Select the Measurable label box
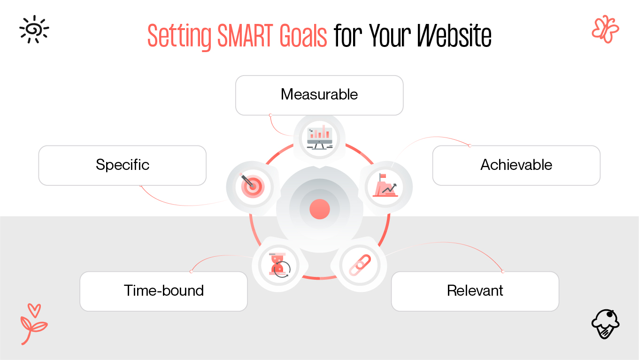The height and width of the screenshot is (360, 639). click(x=319, y=95)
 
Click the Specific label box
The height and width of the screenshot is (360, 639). click(x=122, y=165)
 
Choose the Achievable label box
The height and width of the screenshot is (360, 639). click(x=516, y=165)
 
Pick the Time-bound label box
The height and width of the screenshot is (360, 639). click(x=163, y=291)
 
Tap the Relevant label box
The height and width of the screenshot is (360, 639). click(x=475, y=291)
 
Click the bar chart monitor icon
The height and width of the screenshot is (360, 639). click(x=320, y=137)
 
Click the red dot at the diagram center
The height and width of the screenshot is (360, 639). click(x=320, y=209)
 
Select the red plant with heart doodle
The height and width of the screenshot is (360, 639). click(x=33, y=323)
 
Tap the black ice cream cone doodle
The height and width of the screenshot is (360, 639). click(x=605, y=323)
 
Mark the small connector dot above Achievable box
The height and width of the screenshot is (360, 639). click(x=470, y=146)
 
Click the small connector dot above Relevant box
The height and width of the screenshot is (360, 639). click(x=502, y=271)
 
